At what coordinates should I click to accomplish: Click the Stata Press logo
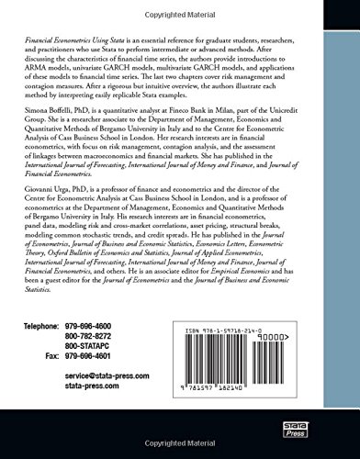[321, 428]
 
